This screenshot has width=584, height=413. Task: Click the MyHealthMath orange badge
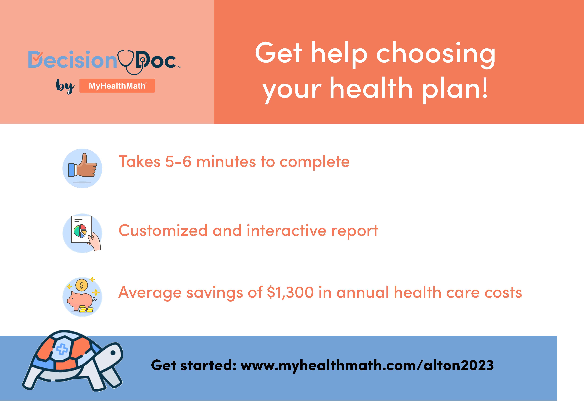tap(117, 86)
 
